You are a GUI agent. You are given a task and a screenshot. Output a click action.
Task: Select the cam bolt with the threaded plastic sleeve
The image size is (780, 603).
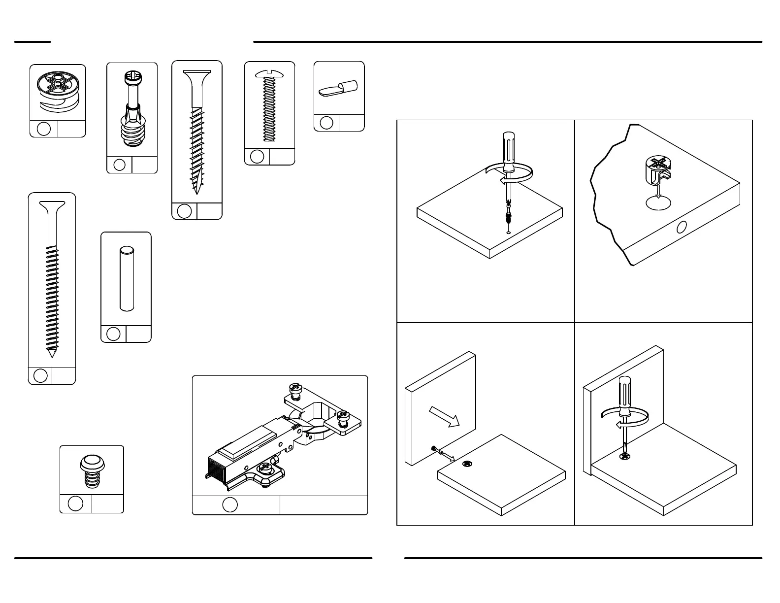(131, 111)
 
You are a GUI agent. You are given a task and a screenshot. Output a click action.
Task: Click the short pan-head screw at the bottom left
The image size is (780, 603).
(92, 470)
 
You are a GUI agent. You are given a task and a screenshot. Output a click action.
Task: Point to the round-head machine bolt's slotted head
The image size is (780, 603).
(269, 74)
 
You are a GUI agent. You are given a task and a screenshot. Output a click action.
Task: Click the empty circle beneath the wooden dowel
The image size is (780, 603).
(113, 334)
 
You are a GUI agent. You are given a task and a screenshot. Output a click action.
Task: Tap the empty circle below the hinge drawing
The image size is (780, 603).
(230, 505)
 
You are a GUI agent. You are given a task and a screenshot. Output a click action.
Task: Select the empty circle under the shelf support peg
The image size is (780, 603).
(326, 122)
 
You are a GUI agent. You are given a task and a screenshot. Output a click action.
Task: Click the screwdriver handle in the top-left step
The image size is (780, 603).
(509, 150)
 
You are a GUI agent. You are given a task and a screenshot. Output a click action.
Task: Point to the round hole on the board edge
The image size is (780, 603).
(682, 227)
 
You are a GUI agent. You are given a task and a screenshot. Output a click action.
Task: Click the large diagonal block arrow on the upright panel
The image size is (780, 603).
(445, 416)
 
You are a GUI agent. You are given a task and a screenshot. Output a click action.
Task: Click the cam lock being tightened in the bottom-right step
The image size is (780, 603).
(625, 457)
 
